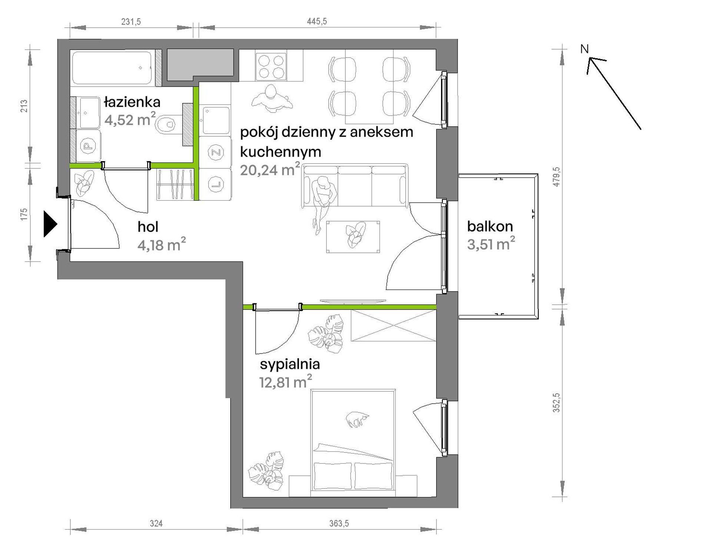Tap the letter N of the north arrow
click(584, 49)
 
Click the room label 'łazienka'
click(132, 102)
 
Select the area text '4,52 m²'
click(130, 119)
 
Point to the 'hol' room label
click(148, 227)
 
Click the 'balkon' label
click(490, 226)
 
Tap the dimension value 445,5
click(317, 21)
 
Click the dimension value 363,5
click(339, 523)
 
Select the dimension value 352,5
click(556, 403)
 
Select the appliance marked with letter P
click(88, 146)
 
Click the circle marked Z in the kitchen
click(215, 153)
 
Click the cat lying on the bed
click(357, 420)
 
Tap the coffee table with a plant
click(353, 237)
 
